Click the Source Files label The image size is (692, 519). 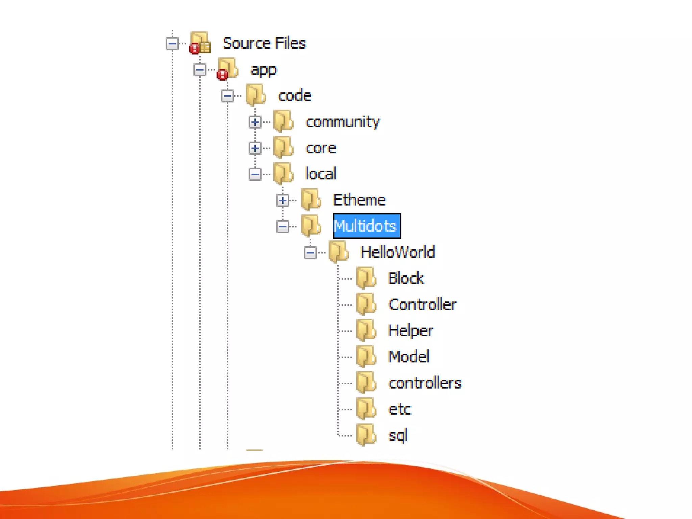coord(264,43)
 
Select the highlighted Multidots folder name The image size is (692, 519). coord(366,226)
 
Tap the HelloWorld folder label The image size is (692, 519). coord(398,252)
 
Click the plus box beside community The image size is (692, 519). coord(255,122)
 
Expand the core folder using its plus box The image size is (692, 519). coord(255,148)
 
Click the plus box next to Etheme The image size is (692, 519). coord(283,200)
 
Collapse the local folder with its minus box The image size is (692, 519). coord(255,174)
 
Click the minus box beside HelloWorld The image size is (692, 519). coord(310,252)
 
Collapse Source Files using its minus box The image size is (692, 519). coord(172,44)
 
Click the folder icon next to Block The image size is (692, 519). coord(366,278)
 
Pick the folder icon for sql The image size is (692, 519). coord(366,435)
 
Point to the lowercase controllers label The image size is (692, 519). coord(425,383)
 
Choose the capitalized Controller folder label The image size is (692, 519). coord(422,304)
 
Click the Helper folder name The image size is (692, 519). coord(411,330)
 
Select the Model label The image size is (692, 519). coord(409,356)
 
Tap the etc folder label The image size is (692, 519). coord(400,409)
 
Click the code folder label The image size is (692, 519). coord(295,96)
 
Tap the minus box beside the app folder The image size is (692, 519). coord(200,70)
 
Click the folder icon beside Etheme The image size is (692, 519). coord(311,199)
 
